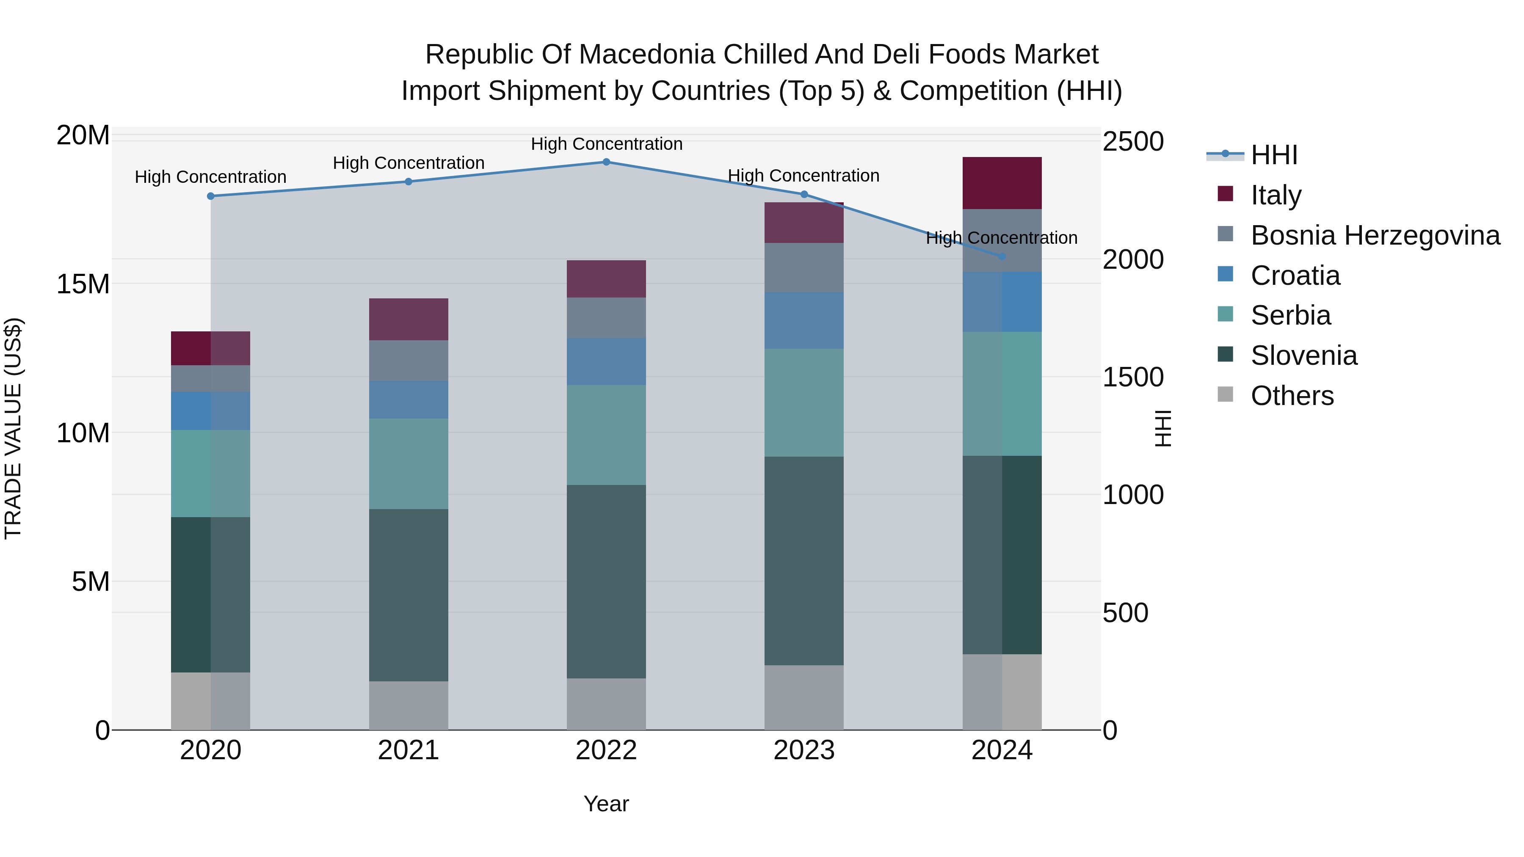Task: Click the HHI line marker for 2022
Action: [606, 162]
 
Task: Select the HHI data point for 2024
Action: [1002, 257]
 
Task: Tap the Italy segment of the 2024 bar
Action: [1002, 183]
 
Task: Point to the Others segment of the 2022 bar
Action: [606, 704]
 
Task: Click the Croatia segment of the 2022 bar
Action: [606, 361]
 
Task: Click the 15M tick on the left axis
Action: [83, 284]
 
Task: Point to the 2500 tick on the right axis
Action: [1133, 142]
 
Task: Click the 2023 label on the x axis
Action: [803, 750]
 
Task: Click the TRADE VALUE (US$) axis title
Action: [13, 428]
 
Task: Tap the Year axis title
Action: [606, 804]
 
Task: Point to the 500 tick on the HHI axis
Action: [1125, 613]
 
